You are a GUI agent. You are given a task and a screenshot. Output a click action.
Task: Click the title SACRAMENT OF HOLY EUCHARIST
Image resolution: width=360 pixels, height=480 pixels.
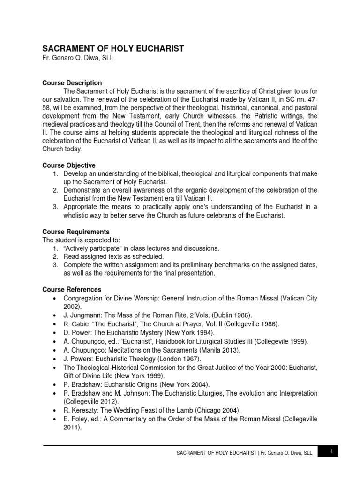click(x=113, y=48)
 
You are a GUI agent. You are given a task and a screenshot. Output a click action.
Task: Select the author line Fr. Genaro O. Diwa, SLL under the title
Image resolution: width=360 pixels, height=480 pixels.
click(x=78, y=59)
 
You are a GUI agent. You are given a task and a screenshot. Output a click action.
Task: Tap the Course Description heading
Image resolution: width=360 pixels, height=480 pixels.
click(x=72, y=83)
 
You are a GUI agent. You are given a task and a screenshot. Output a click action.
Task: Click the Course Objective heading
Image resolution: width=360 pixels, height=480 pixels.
click(x=69, y=165)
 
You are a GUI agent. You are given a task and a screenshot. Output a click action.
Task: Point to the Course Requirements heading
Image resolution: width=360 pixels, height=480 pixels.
click(x=76, y=232)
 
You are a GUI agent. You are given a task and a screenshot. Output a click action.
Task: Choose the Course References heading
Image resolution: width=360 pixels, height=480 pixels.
click(x=72, y=290)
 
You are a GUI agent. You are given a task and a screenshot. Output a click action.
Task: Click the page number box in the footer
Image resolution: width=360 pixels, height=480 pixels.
click(x=331, y=451)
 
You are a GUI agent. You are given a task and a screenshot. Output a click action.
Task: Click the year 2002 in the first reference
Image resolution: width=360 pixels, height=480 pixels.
click(x=71, y=307)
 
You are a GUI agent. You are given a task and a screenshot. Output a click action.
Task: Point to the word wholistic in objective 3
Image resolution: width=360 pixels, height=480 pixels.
click(x=78, y=215)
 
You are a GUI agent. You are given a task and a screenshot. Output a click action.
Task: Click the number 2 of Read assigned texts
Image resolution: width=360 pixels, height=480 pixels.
click(x=55, y=256)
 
